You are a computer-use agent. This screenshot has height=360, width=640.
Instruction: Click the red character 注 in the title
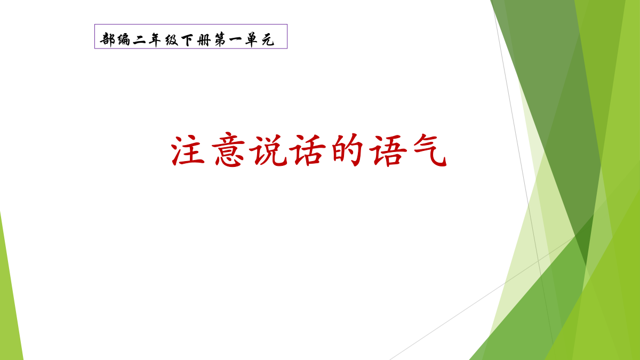click(x=188, y=150)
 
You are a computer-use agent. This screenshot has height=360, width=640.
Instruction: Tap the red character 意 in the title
click(x=228, y=150)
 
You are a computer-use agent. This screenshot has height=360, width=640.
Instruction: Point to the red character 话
click(x=307, y=150)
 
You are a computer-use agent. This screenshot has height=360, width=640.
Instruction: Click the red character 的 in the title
click(x=347, y=150)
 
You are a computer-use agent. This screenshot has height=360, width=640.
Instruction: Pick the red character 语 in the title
click(x=388, y=150)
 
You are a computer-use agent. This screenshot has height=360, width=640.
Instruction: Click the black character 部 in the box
click(x=107, y=39)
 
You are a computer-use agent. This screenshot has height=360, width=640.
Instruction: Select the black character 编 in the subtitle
click(x=123, y=39)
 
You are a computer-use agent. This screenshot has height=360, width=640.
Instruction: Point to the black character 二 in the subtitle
click(x=139, y=40)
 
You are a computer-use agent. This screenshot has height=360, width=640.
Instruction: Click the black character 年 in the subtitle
click(x=155, y=39)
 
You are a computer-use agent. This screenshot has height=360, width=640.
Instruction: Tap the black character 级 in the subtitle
click(x=172, y=39)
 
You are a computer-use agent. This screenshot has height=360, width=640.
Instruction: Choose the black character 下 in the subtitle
click(x=187, y=40)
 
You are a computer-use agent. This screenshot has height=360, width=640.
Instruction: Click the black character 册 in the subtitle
click(x=204, y=40)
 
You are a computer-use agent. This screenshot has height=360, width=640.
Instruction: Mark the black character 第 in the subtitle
click(x=220, y=39)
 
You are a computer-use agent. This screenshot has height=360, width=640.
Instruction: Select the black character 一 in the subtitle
click(x=236, y=39)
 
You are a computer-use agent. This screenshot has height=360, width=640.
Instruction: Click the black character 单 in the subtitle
click(x=252, y=39)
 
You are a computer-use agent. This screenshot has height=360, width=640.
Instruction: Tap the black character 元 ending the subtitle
click(x=268, y=40)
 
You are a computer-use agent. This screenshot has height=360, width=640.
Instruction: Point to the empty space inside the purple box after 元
click(x=281, y=37)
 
